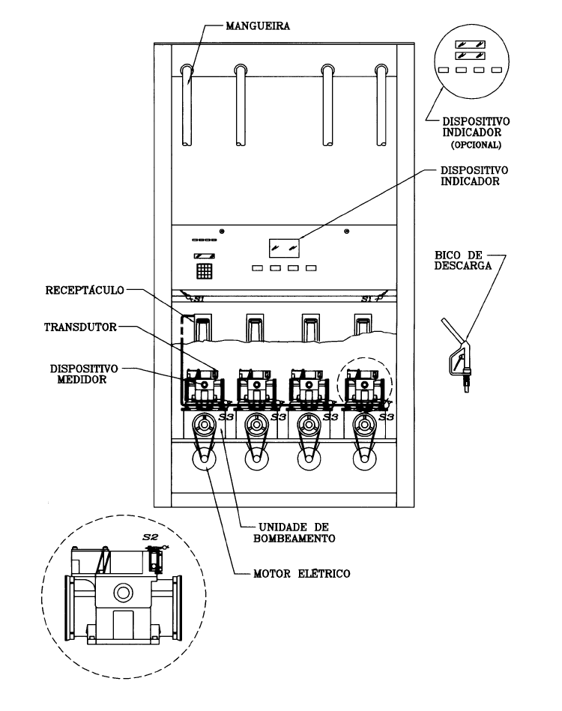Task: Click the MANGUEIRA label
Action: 258,25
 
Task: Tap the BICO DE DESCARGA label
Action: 462,260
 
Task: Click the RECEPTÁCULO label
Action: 85,290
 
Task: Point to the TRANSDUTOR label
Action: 80,327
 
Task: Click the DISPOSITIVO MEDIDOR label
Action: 84,374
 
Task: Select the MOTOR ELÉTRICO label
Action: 302,574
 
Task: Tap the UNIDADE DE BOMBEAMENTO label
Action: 294,533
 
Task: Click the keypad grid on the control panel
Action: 204,270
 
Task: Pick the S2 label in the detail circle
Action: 150,537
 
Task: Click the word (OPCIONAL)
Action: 476,145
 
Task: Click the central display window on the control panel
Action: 284,248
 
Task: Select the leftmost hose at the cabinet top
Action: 187,105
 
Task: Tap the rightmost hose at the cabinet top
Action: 381,105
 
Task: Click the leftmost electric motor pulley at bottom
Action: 204,459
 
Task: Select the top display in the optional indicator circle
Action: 471,44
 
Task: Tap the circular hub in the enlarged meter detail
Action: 123,592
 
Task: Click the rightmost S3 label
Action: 386,417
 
